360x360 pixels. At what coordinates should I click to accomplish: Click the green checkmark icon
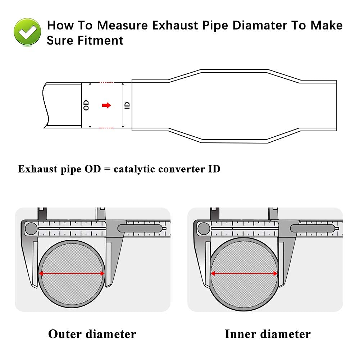pyautogui.click(x=27, y=32)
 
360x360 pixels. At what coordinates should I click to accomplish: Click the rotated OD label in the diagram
pyautogui.click(x=86, y=105)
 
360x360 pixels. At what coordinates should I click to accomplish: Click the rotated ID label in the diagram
pyautogui.click(x=127, y=105)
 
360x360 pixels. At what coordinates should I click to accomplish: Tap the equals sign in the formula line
pyautogui.click(x=107, y=169)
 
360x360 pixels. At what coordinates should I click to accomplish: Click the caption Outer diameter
pyautogui.click(x=92, y=334)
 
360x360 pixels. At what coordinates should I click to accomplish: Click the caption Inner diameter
pyautogui.click(x=268, y=334)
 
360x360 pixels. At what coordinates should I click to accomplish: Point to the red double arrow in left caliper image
pyautogui.click(x=72, y=274)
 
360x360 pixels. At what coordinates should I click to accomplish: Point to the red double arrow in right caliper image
pyautogui.click(x=244, y=274)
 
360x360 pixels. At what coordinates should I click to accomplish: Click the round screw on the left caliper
pyautogui.click(x=31, y=228)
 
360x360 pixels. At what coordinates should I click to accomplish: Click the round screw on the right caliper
pyautogui.click(x=204, y=228)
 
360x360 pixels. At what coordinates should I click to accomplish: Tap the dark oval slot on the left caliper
pyautogui.click(x=140, y=228)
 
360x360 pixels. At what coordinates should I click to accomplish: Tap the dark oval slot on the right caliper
pyautogui.click(x=313, y=228)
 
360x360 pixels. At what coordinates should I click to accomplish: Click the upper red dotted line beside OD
pyautogui.click(x=106, y=83)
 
